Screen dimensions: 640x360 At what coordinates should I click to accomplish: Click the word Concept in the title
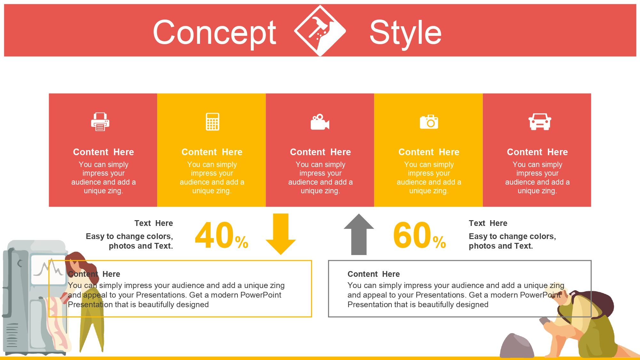tap(214, 33)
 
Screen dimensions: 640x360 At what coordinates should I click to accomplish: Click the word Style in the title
tap(405, 32)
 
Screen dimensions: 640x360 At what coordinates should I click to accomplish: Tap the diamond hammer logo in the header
tap(320, 31)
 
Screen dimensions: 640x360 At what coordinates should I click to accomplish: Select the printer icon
tap(100, 122)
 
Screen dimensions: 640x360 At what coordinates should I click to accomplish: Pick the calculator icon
tap(212, 122)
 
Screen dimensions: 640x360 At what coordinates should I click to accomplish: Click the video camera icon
tap(320, 122)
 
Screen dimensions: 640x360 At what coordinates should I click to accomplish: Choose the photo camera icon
tap(429, 122)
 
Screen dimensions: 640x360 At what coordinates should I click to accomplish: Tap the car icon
tap(540, 122)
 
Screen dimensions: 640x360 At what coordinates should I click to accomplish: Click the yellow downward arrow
tap(281, 234)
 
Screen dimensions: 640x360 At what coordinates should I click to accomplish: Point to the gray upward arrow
tap(359, 234)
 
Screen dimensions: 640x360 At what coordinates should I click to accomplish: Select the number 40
tap(214, 236)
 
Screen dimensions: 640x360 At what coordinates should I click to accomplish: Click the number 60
tap(412, 236)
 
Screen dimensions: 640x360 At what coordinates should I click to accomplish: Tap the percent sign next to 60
tap(439, 242)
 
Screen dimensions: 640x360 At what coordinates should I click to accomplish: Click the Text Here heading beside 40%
tap(154, 223)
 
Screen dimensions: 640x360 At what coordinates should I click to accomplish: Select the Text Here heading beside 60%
tap(488, 223)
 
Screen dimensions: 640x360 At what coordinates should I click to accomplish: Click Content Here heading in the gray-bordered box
tap(373, 274)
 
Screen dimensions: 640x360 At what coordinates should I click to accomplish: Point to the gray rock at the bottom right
tap(517, 346)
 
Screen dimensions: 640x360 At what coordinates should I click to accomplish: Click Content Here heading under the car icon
tap(537, 152)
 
